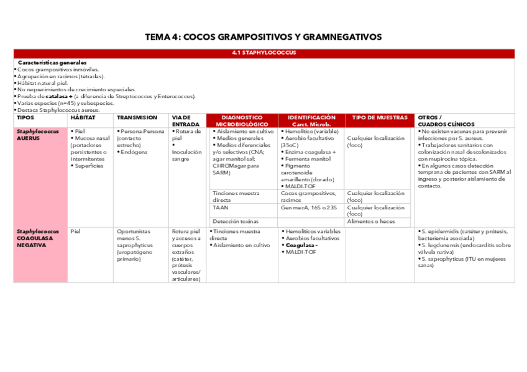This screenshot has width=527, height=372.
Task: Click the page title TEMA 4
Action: pos(263,37)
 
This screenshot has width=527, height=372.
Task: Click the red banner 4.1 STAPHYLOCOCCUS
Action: pos(263,53)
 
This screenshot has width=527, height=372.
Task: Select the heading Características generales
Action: pos(52,63)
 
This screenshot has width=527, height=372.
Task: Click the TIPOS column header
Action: pos(25,117)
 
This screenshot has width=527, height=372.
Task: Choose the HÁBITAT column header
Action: pos(83,117)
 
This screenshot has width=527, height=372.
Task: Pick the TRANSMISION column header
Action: pos(137,117)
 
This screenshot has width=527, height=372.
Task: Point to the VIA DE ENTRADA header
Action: pos(185,120)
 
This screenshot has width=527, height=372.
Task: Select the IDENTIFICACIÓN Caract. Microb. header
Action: pos(311,120)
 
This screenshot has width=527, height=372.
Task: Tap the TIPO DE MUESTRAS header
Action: pos(380,117)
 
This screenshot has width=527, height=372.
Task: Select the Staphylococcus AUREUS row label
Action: pos(38,135)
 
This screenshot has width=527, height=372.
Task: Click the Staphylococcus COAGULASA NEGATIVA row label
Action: pos(38,238)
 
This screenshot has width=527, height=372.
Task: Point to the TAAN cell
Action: pos(221,208)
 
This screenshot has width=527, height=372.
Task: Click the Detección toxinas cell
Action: pos(236,221)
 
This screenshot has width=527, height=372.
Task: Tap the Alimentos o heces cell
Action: pos(371,221)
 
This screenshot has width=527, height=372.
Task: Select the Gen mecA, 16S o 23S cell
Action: pos(309,208)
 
